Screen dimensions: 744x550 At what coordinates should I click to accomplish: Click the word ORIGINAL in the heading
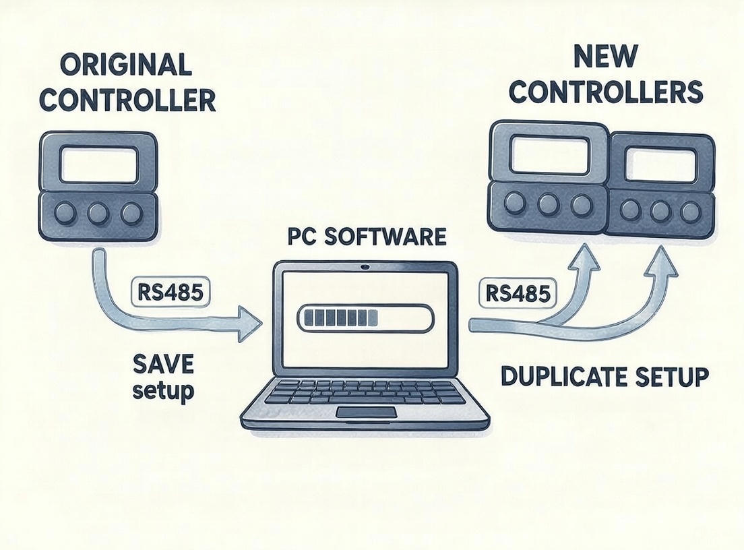[126, 65]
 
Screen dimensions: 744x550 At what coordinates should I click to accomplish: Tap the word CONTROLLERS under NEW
[606, 92]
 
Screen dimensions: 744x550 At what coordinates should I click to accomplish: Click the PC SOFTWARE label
[367, 237]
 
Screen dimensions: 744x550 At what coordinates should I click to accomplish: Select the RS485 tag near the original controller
[170, 291]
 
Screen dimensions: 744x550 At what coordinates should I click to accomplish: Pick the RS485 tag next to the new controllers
[518, 295]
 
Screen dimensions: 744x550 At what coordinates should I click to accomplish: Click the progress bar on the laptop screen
[365, 317]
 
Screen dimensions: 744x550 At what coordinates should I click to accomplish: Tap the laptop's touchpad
[367, 413]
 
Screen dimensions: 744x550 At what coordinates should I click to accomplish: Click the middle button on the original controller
[98, 214]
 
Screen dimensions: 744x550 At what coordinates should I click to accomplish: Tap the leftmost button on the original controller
[65, 214]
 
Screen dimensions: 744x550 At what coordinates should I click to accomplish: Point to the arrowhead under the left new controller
[585, 261]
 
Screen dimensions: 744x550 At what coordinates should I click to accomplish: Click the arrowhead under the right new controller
[661, 264]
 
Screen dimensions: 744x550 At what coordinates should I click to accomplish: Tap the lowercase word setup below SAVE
[163, 391]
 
